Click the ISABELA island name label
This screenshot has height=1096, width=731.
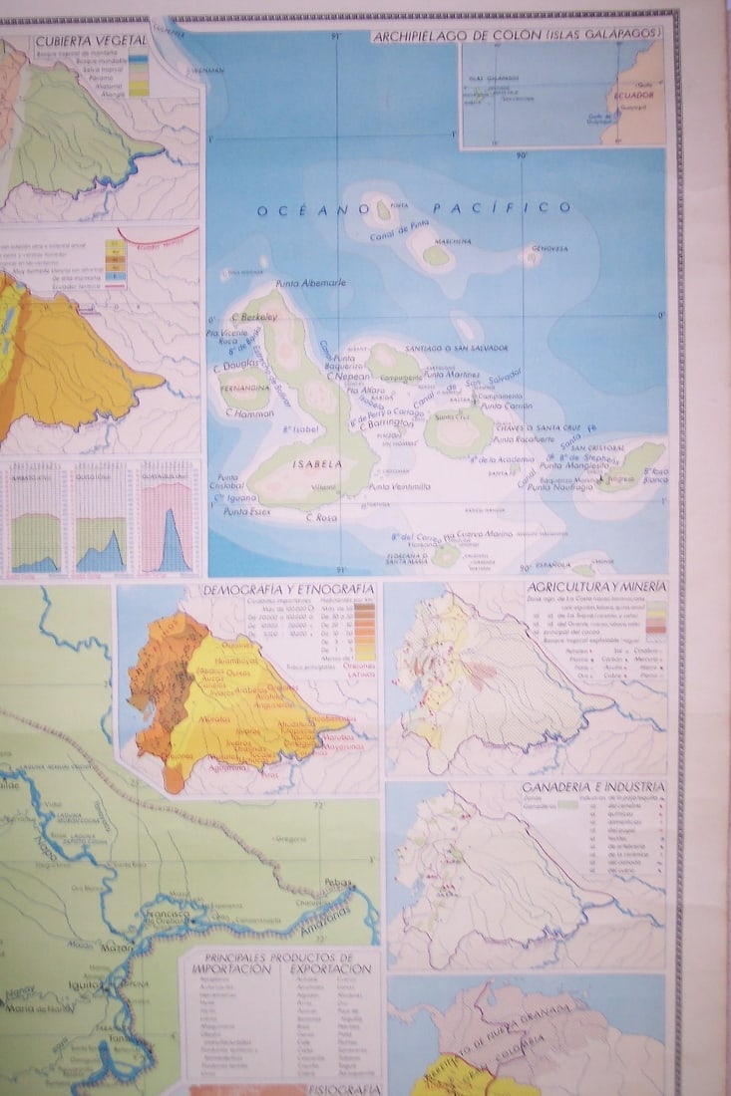(x=317, y=463)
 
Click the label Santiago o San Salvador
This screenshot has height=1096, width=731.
(x=458, y=347)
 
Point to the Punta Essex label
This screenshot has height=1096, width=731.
(x=246, y=511)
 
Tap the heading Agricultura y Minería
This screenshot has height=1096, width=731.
(x=595, y=587)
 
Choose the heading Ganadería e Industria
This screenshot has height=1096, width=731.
(x=593, y=788)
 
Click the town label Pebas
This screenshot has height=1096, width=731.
(x=340, y=884)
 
